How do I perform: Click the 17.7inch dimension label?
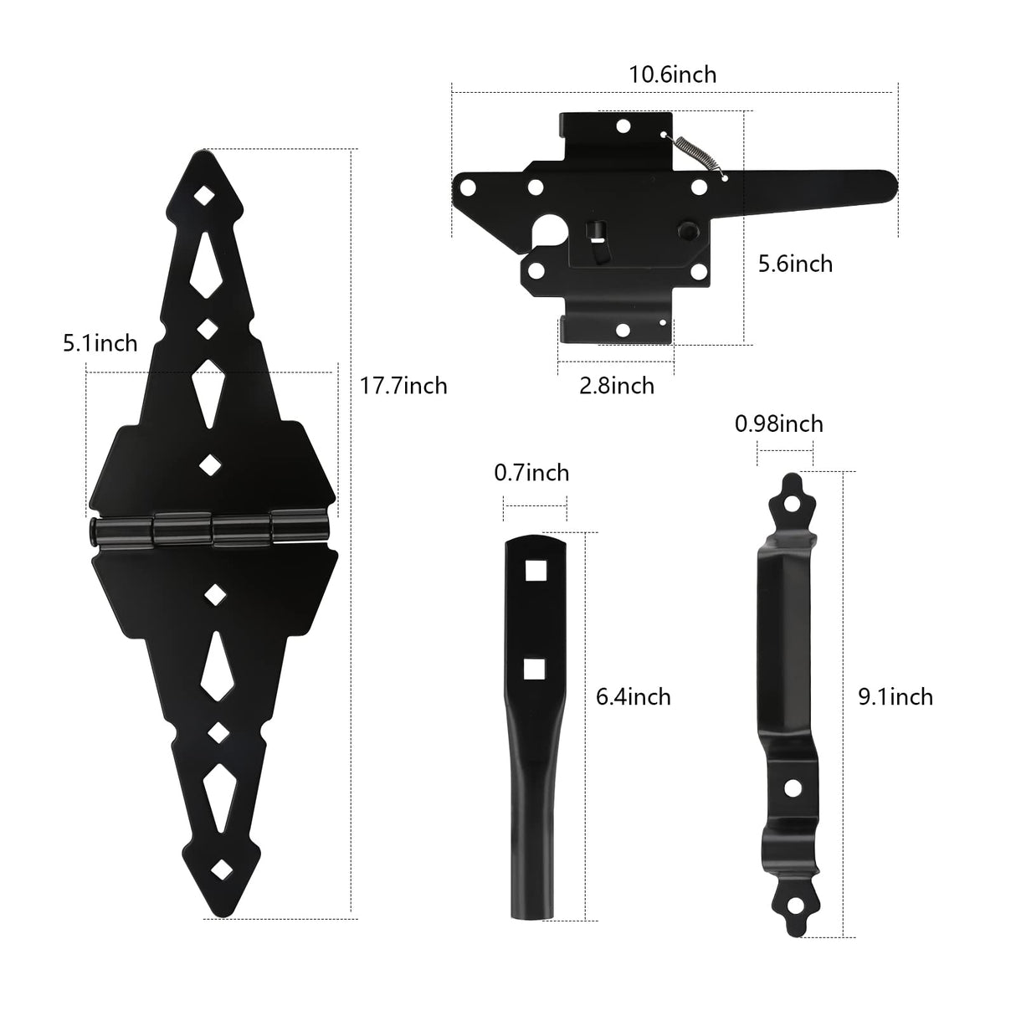(403, 386)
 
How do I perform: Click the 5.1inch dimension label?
(100, 342)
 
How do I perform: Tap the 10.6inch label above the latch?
(673, 74)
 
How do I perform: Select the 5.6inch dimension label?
(795, 264)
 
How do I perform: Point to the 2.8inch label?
(616, 386)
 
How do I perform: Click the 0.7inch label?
(531, 474)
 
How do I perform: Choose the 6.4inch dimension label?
(633, 696)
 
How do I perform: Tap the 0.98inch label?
(778, 424)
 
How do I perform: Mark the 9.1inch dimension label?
(895, 696)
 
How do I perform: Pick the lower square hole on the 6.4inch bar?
(534, 668)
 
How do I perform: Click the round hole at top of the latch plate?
(622, 127)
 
